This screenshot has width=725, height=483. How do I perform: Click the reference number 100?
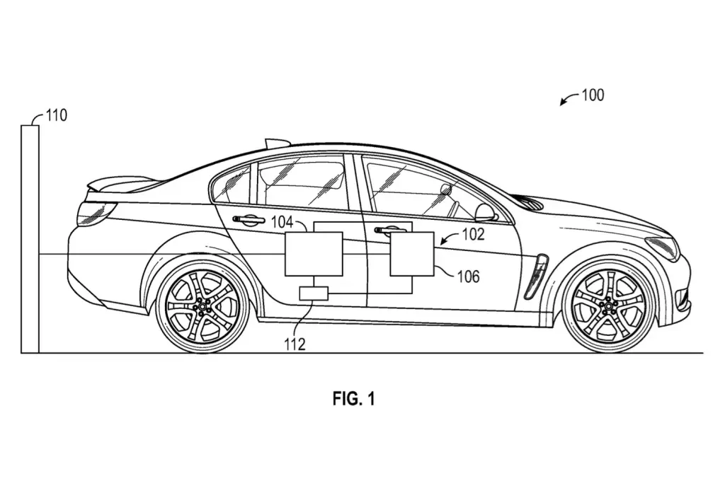tap(593, 95)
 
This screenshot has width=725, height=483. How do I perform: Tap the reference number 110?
tap(57, 115)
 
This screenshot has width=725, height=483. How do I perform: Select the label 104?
tap(282, 222)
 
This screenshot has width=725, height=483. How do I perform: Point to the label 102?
tap(473, 234)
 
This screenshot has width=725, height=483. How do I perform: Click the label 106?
tap(469, 277)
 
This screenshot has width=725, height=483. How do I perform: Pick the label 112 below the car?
tap(295, 344)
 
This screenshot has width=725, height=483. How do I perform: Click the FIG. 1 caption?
tap(354, 399)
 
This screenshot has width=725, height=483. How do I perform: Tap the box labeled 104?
tap(314, 255)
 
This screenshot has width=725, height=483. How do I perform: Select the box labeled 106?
tap(412, 255)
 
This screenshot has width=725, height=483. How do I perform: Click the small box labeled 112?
tap(314, 293)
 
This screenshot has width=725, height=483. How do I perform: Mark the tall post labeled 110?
tap(30, 239)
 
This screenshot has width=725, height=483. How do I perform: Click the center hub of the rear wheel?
tap(202, 307)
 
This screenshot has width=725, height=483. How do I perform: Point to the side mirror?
tap(486, 212)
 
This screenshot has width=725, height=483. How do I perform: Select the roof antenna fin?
tap(277, 141)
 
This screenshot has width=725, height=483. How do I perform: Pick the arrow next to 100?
tap(569, 99)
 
